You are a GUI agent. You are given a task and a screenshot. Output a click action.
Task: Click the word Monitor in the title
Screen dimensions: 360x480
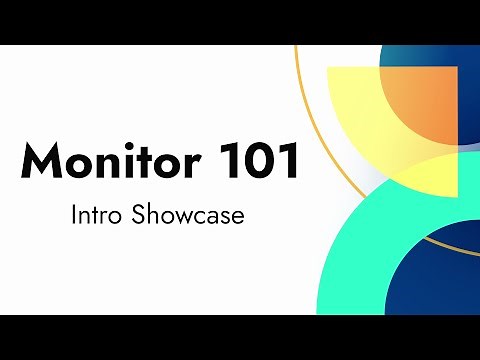92,161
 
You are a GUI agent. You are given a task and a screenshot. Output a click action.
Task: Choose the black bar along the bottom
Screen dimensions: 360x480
240,337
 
